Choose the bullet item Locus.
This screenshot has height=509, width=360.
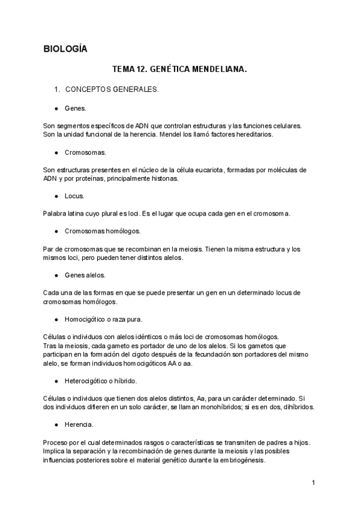pos(75,196)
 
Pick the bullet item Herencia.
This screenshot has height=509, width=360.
pos(79,424)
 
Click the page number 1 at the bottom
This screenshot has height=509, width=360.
pos(314,483)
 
